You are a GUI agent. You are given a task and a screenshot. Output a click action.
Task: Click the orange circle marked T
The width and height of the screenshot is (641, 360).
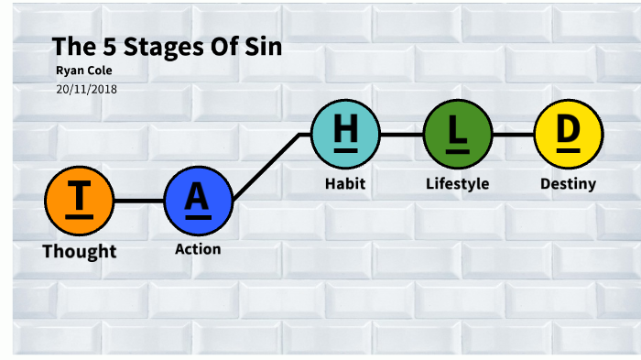(80, 201)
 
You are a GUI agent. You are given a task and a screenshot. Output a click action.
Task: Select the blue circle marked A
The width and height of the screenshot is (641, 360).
(199, 201)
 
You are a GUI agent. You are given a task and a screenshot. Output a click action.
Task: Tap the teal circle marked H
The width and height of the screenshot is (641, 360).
(345, 134)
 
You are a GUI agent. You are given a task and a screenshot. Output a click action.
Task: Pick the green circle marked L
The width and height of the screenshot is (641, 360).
(457, 134)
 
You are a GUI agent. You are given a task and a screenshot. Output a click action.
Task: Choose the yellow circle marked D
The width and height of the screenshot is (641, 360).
(568, 134)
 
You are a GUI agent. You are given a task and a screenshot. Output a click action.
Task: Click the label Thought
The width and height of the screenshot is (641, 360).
(80, 251)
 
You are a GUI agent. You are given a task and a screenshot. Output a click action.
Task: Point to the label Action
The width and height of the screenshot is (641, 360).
(198, 249)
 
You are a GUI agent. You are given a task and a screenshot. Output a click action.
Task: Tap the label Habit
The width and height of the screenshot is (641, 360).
(345, 183)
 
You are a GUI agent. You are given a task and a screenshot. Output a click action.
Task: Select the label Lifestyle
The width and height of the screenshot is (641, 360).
(457, 183)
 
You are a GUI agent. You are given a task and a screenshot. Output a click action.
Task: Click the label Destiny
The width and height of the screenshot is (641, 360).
(568, 183)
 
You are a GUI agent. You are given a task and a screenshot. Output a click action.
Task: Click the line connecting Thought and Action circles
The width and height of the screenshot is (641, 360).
(139, 201)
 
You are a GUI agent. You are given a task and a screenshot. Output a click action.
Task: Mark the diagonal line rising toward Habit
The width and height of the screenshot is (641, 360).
(267, 166)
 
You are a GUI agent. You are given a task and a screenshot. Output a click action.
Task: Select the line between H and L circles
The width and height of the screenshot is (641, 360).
(401, 134)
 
